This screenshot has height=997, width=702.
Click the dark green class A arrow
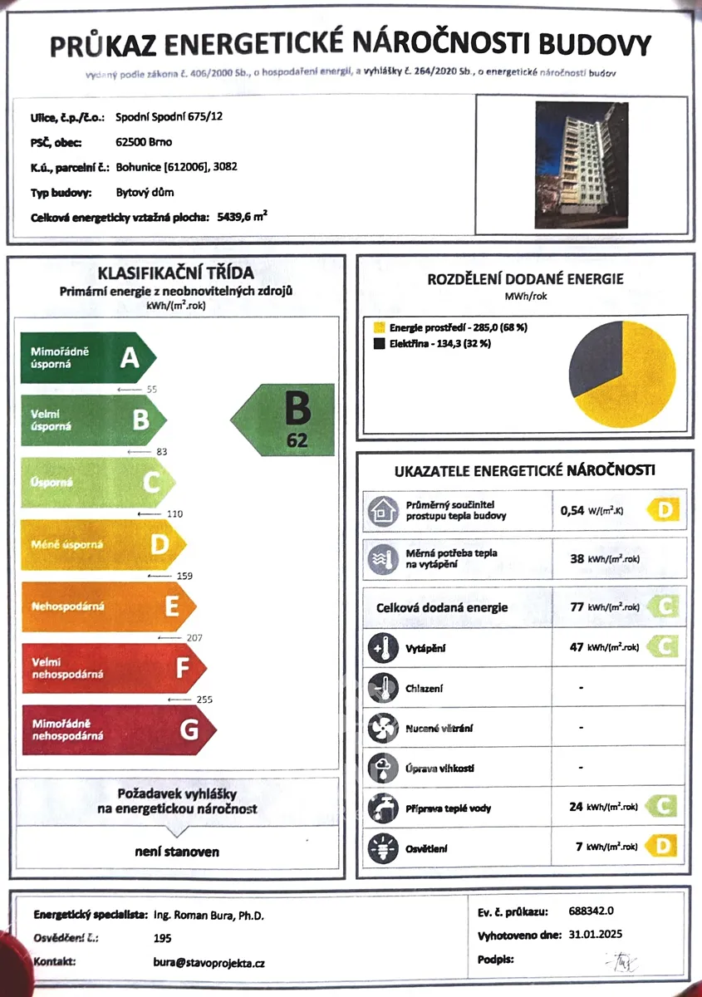point(87,358)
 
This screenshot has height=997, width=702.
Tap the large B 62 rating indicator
point(287,420)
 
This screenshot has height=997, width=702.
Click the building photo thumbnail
point(581,165)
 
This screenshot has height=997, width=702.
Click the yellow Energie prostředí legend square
point(379,327)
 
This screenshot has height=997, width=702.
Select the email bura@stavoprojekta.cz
point(209,963)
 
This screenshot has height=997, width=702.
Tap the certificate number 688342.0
point(592,911)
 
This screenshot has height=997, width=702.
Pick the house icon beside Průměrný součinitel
point(383,512)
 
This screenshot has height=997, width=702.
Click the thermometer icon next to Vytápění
point(383,647)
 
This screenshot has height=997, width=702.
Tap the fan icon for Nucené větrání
point(383,728)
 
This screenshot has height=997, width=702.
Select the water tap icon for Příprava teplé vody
point(383,807)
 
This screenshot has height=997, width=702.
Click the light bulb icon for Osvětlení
point(383,847)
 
